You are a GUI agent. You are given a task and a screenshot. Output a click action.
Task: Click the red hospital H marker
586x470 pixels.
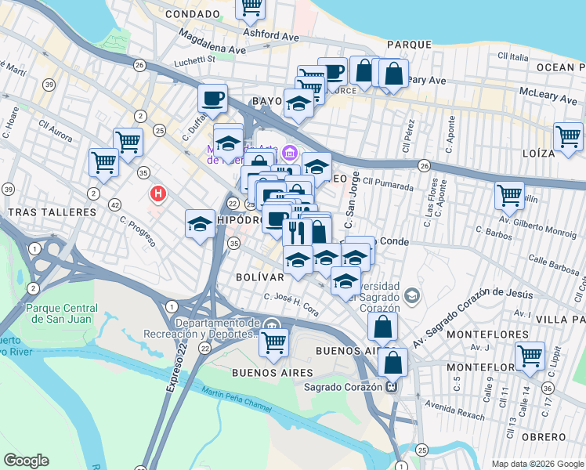[x=159, y=193]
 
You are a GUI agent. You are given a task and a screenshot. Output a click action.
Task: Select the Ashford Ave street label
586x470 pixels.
[x=271, y=35]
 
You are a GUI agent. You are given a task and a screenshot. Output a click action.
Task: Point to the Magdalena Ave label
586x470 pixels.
[x=212, y=41]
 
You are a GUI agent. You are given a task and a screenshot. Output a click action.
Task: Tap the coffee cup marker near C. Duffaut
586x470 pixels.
[x=212, y=99]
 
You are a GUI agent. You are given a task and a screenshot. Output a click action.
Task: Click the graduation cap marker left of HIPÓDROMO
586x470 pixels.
[x=201, y=224]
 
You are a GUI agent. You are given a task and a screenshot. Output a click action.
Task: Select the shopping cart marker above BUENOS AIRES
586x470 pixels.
[x=273, y=342]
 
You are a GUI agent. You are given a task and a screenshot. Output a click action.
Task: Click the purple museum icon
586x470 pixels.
[x=291, y=152]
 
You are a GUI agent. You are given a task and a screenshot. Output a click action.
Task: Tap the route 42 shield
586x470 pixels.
[x=115, y=204]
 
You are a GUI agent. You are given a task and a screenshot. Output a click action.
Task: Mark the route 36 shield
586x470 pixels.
[x=547, y=389]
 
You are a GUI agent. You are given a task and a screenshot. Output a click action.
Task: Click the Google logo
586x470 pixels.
[x=26, y=461]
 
